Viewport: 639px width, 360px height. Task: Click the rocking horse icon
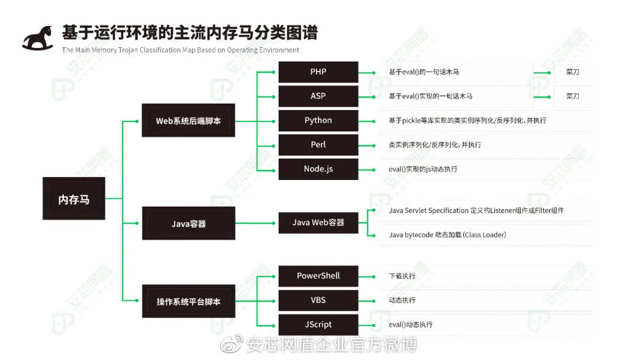tap(38, 38)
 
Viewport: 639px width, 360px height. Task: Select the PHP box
tap(318, 72)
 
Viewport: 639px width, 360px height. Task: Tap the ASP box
tap(318, 97)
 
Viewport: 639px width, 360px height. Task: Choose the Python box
tap(318, 121)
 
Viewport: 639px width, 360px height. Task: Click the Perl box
tap(318, 144)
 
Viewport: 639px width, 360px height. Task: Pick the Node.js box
tap(318, 169)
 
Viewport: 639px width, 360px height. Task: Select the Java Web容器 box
tap(318, 223)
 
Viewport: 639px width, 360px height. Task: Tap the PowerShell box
tap(318, 276)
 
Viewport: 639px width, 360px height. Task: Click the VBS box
tap(318, 300)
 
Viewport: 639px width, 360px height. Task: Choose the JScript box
tap(318, 324)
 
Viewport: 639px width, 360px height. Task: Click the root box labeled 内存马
tap(74, 198)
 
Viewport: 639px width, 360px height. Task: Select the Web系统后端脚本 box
tap(188, 120)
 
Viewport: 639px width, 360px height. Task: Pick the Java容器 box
tap(189, 223)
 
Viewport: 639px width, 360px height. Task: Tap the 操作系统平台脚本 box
tap(189, 301)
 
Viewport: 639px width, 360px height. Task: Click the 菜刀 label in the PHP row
tap(573, 72)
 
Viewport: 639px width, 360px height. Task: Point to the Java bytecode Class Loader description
tap(447, 235)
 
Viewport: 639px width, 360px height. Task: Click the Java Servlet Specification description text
tap(476, 210)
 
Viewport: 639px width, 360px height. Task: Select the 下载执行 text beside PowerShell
tap(402, 276)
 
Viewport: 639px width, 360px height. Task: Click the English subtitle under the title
tap(180, 50)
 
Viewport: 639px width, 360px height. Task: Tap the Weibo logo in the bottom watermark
tap(231, 344)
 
